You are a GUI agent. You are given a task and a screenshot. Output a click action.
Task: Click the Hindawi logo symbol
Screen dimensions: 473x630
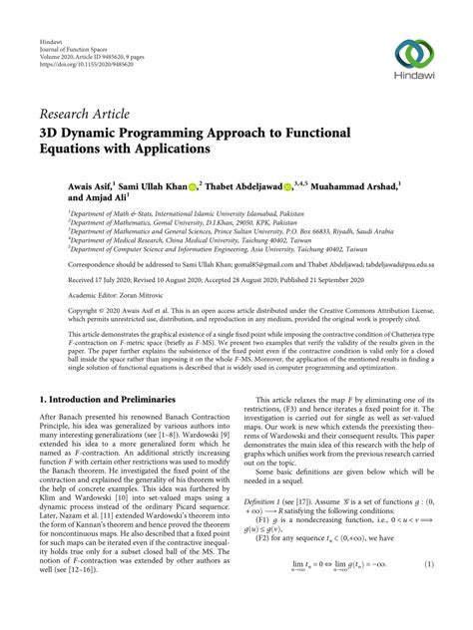(413, 54)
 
